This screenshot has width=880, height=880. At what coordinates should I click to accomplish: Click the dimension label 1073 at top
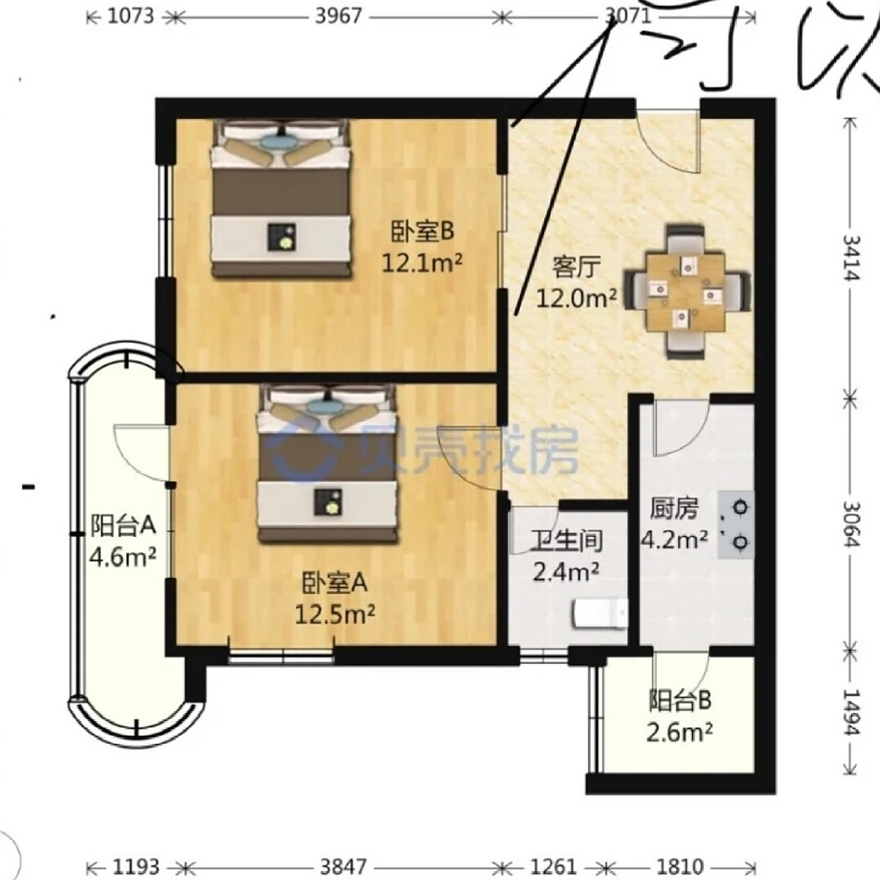(x=131, y=16)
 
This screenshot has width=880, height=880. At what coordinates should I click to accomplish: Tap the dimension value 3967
(x=338, y=16)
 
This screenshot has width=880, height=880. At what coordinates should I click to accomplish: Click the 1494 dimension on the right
(x=852, y=712)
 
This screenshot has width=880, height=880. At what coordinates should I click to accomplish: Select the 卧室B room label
(x=423, y=232)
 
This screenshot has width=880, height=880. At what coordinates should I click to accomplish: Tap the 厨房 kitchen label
(x=674, y=509)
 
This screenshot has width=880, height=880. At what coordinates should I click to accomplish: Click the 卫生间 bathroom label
(x=567, y=542)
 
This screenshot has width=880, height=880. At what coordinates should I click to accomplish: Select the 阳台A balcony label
(x=124, y=526)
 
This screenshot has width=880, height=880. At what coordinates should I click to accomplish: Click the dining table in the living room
(x=685, y=291)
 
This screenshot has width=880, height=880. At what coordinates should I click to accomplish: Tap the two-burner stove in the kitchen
(x=736, y=524)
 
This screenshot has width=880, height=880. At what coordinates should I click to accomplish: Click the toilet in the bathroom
(x=600, y=614)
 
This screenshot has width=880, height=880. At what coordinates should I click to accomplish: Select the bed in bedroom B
(x=280, y=199)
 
